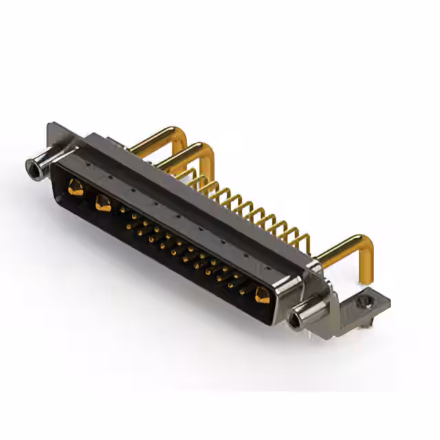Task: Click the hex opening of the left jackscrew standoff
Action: coord(31,166)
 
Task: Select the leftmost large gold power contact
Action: coord(76,187)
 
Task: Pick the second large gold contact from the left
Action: coord(103,203)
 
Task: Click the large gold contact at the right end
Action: coord(262,296)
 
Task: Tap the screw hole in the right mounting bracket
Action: coord(364,300)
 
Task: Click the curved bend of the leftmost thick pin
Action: coord(181,132)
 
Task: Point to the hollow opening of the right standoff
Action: coord(296,320)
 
